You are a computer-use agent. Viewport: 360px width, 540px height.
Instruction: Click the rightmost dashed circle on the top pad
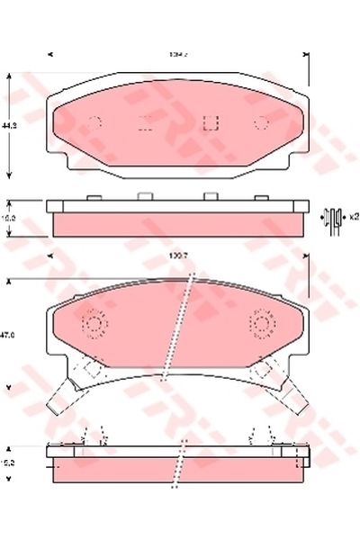263,124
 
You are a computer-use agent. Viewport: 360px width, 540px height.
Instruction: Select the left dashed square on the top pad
145,124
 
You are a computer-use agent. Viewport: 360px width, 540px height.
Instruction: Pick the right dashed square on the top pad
211,124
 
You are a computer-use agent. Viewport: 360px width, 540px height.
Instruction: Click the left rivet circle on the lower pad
94,323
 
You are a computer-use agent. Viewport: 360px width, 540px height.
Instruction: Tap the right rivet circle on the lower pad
264,323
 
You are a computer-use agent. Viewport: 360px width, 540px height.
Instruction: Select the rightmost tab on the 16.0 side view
260,197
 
